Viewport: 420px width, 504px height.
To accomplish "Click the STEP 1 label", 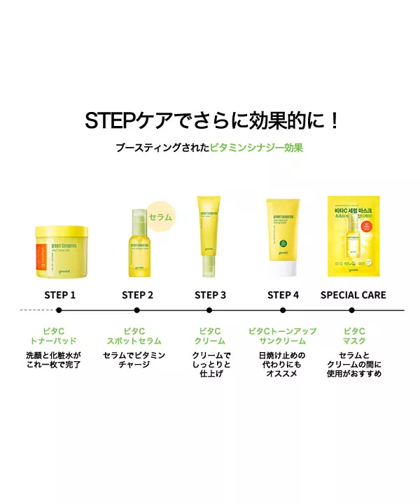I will (x=59, y=295).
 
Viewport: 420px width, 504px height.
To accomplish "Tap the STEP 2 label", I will (x=137, y=295).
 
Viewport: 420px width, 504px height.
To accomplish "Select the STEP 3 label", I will (x=210, y=295).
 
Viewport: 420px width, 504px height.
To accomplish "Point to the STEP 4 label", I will (x=283, y=295).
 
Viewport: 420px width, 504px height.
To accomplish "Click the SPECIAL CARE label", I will (x=353, y=295).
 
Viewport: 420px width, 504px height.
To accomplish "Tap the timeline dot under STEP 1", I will (x=59, y=309).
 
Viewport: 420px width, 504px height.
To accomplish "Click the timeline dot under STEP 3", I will (x=209, y=309).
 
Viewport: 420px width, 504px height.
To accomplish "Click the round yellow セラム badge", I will (x=160, y=216).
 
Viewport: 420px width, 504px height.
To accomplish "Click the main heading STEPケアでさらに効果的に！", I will (x=210, y=120).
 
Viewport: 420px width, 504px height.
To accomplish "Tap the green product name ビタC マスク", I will (x=354, y=336).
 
